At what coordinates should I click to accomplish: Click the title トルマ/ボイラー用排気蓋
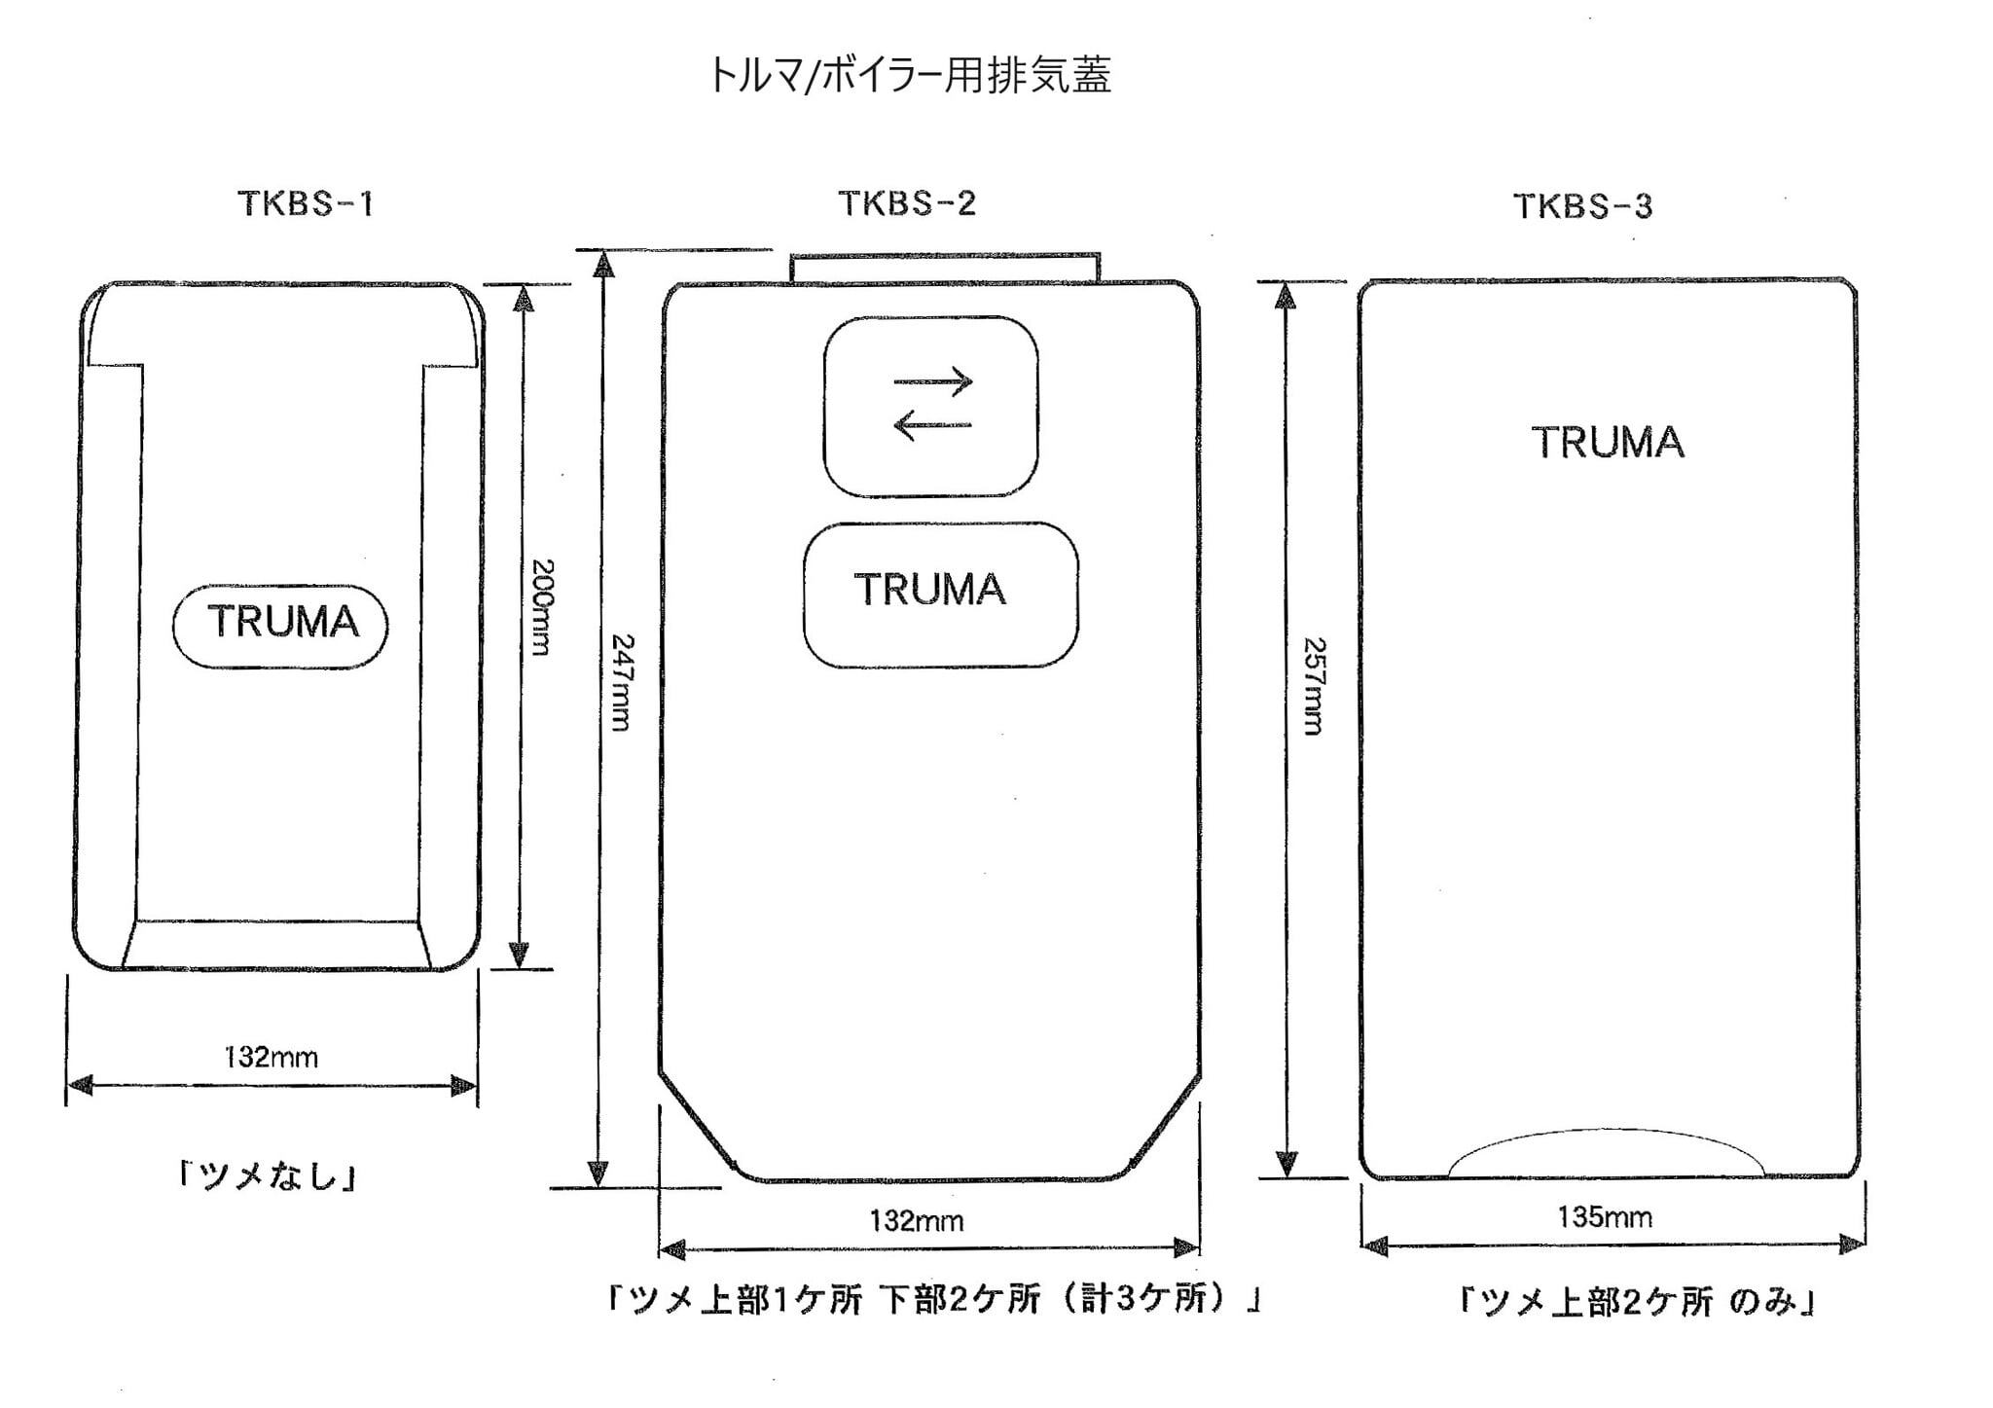[909, 76]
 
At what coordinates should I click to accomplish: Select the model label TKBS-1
[306, 204]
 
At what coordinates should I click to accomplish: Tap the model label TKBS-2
[906, 203]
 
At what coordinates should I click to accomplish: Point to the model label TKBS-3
[1582, 206]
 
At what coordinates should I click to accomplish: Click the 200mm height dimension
[541, 607]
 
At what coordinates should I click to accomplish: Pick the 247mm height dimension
[622, 682]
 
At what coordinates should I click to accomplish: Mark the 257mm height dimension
[1314, 686]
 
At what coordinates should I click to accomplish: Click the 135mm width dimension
[1605, 1216]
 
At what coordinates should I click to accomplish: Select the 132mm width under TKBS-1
[271, 1058]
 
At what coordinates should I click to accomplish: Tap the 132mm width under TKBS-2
[917, 1220]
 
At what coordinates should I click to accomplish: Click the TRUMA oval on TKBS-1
[281, 625]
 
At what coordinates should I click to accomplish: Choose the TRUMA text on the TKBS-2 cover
[930, 590]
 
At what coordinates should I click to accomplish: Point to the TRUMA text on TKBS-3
[1608, 443]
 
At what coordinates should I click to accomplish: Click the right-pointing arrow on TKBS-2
[933, 380]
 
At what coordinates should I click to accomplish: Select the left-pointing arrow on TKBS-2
[931, 424]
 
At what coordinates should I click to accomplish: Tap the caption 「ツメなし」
[268, 1176]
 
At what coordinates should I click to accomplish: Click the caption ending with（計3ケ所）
[933, 1300]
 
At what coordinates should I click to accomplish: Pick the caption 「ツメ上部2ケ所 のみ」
[1637, 1302]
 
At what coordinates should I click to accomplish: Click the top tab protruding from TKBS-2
[944, 268]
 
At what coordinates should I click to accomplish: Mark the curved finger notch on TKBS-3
[1606, 1154]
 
